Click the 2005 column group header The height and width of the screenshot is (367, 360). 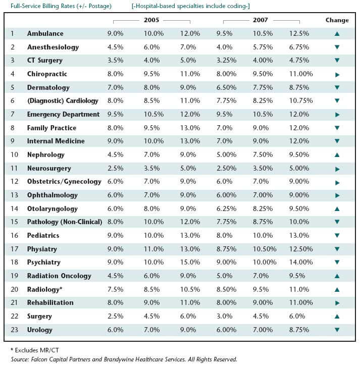pos(151,20)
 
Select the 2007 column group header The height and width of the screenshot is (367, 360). pos(261,20)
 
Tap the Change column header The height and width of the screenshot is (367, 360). pos(337,20)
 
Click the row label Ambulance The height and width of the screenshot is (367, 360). pos(45,33)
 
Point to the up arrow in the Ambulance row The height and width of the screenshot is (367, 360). pos(337,34)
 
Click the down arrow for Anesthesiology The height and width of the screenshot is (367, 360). pos(337,47)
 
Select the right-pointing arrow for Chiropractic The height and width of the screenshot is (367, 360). pos(337,75)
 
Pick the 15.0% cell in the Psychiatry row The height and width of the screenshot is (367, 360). pos(190,262)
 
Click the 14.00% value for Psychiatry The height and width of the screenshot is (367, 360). pos(301,262)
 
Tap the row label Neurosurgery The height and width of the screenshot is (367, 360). pos(49,169)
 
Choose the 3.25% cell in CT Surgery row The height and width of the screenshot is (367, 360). pos(226,61)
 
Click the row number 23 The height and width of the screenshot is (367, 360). pos(14,330)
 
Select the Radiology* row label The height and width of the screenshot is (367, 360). pos(45,290)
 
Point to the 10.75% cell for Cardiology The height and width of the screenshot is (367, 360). pos(301,100)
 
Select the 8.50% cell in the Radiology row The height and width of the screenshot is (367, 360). pos(226,290)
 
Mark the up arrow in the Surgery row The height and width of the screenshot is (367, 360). pos(337,317)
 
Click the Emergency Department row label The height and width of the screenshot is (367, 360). pos(63,115)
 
